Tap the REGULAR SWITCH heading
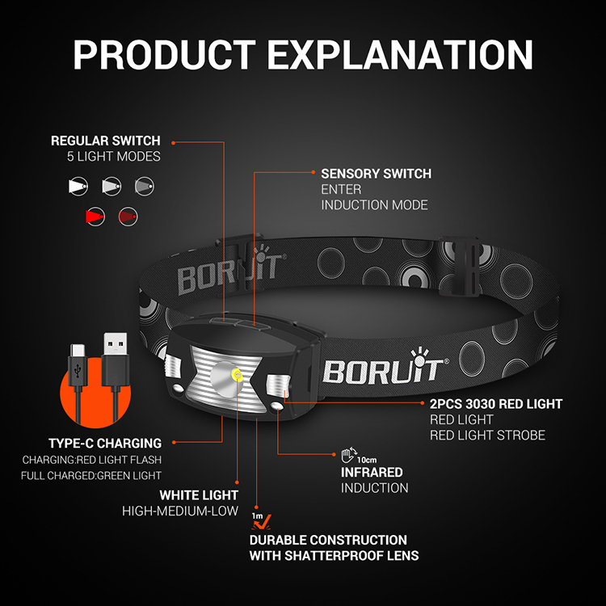pos(106,141)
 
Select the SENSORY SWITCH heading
pos(376,174)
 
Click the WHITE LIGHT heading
pos(198,494)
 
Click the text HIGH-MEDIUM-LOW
pos(180,511)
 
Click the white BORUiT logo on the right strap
pos(381,369)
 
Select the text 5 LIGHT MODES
pos(114,156)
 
